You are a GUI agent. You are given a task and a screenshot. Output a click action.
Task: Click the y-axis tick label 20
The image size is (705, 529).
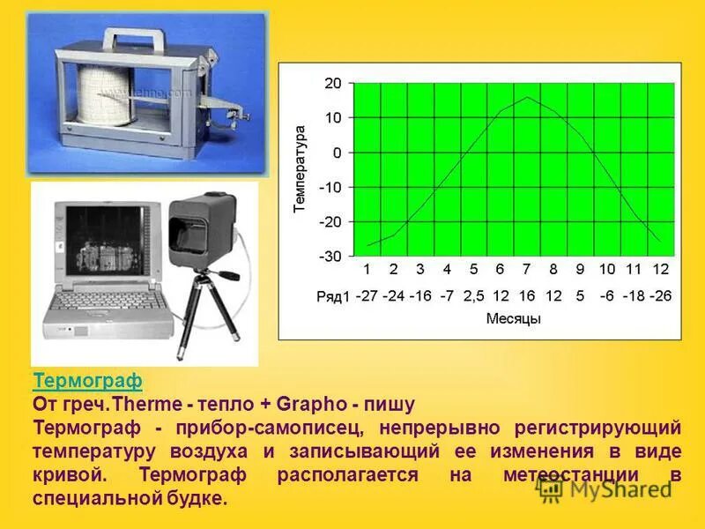(x=333, y=83)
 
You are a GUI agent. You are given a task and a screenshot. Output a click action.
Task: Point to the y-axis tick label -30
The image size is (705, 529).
(x=330, y=257)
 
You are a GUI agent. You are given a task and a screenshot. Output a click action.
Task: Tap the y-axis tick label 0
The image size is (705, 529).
(x=337, y=153)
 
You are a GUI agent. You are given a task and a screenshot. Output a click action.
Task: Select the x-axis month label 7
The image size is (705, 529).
(x=526, y=269)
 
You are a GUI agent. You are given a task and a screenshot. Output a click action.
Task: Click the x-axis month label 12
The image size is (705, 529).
(x=661, y=269)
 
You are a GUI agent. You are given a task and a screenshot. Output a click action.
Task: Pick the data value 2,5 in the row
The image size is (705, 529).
(x=474, y=296)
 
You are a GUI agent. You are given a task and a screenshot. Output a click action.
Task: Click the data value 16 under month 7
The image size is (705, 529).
(x=526, y=296)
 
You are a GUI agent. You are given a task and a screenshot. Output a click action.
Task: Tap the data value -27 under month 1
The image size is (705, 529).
(x=367, y=296)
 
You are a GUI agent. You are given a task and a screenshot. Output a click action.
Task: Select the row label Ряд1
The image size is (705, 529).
(x=333, y=296)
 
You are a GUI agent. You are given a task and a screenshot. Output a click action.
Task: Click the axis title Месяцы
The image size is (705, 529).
(x=513, y=318)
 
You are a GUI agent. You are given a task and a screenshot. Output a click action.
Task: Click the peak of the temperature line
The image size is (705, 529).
(x=527, y=97)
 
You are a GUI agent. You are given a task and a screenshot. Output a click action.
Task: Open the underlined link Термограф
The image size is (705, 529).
(x=87, y=381)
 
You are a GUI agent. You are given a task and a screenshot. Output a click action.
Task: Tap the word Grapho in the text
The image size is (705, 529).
(x=308, y=404)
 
